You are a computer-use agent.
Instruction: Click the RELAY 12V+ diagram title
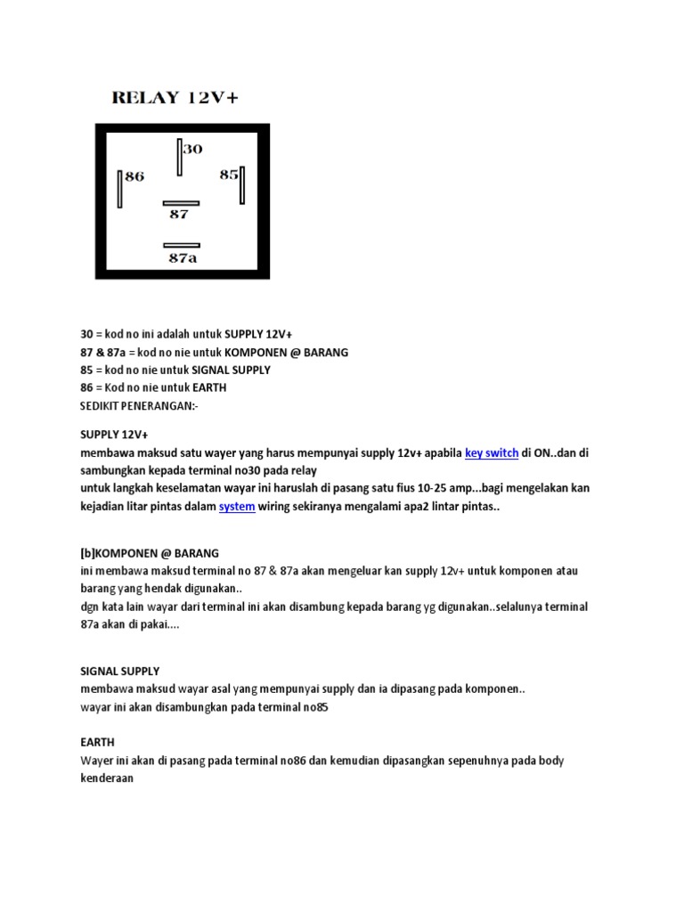pos(175,98)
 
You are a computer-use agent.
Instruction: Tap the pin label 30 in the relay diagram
pos(193,149)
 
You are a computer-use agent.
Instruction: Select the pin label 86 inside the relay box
pos(134,176)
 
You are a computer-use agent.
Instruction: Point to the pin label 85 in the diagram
pos(229,175)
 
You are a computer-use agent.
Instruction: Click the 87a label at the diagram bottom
pos(183,258)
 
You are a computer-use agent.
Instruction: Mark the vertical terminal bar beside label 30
pos(179,159)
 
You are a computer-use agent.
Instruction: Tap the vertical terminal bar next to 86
pos(119,188)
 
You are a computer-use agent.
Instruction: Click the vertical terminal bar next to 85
pos(242,186)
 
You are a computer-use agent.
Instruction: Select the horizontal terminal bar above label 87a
pos(182,245)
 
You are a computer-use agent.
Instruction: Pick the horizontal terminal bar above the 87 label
pos(182,203)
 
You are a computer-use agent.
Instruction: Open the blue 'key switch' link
pos(492,452)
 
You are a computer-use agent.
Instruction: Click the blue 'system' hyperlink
pos(237,506)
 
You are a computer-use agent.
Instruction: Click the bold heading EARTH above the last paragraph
pos(97,742)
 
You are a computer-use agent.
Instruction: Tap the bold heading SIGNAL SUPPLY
pos(120,671)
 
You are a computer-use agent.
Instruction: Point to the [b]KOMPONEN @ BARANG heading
pos(150,552)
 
